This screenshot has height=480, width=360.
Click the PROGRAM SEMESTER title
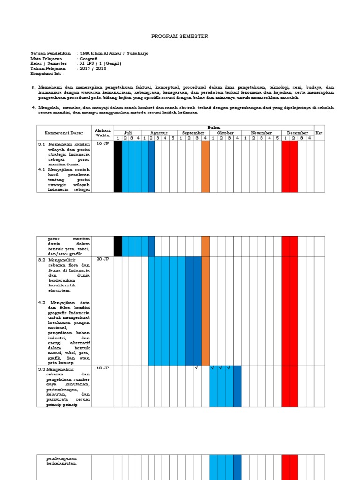pos(180,36)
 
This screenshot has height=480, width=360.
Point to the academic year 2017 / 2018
pos(93,68)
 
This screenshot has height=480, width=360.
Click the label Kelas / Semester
pos(48,63)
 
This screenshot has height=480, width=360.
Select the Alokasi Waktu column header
pos(102,133)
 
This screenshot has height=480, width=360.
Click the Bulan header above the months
pos(214,127)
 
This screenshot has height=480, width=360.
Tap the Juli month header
pos(127,133)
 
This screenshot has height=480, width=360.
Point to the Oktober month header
pos(225,133)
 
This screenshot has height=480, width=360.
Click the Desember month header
pos(297,133)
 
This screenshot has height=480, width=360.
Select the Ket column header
pos(319,133)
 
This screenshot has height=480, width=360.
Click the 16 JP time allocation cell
pos(102,144)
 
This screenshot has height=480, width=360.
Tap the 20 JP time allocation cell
pos(102,259)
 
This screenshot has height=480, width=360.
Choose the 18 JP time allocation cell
pos(102,368)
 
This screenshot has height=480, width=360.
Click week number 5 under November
pos(277,138)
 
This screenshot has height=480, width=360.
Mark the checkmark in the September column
pos(197,368)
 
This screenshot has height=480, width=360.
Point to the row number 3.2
pos(42,259)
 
